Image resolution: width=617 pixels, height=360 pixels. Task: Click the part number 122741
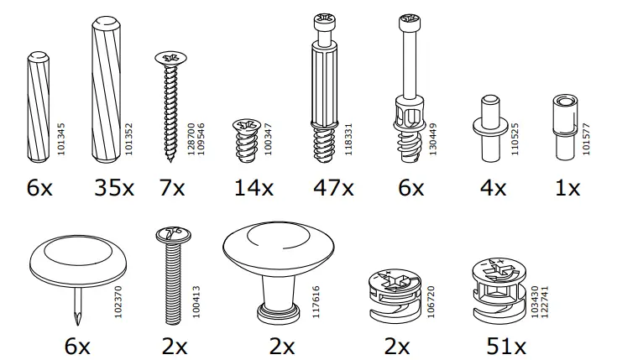click(x=546, y=300)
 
